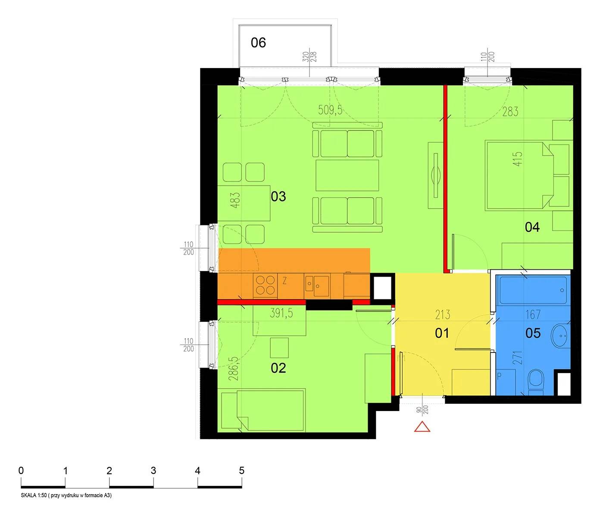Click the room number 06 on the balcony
[258, 43]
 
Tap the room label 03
[278, 196]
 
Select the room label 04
[532, 227]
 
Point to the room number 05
[533, 333]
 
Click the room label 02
[278, 368]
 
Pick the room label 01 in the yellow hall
[442, 333]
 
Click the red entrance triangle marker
[422, 427]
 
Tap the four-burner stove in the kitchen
[265, 286]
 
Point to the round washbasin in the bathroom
[560, 336]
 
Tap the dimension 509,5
[330, 110]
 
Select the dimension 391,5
[281, 313]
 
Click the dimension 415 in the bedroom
[518, 159]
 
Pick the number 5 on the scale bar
[241, 470]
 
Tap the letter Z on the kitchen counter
[285, 280]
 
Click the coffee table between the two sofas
[347, 175]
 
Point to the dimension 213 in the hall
[443, 315]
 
